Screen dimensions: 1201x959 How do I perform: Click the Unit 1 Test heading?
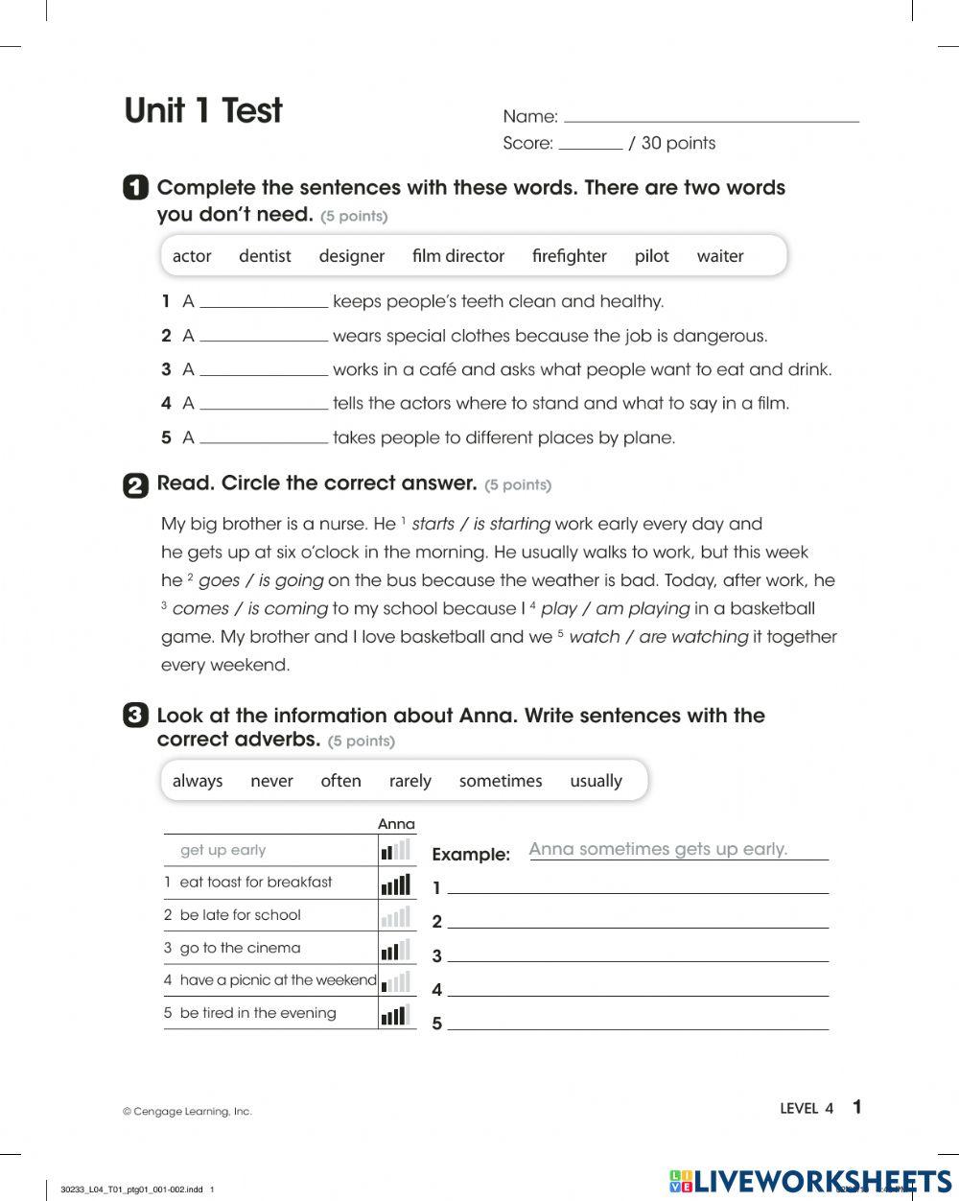point(203,111)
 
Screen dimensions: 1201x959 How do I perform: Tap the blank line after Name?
point(711,117)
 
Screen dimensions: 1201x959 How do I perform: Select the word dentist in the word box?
point(265,256)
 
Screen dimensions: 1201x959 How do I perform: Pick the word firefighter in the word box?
point(569,256)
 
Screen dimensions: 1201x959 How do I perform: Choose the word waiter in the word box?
point(719,256)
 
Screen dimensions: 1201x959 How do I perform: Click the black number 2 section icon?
point(135,485)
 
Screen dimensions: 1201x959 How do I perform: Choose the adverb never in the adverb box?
point(271,781)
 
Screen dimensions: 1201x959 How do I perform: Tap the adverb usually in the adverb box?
point(596,781)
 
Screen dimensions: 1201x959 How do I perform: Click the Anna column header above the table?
point(396,824)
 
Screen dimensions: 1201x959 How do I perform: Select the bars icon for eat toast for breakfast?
point(395,883)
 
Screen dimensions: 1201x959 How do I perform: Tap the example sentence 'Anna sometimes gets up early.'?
point(658,849)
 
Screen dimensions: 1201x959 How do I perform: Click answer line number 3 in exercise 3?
point(638,955)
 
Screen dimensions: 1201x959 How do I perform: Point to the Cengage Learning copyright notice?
point(187,1112)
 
